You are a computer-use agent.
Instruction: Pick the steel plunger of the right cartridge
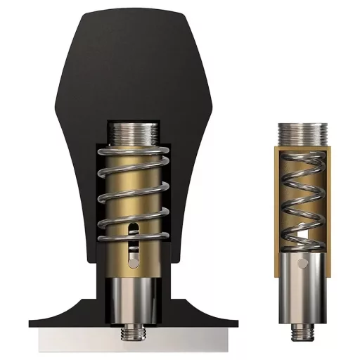pos(302,288)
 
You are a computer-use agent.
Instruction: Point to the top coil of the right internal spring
pos(302,158)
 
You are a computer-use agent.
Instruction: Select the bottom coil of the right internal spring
pos(302,239)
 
